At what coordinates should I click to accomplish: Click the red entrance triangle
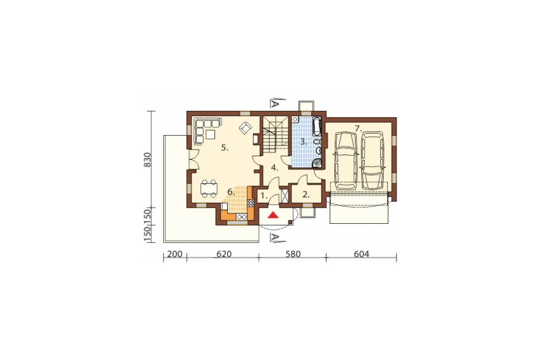[273, 215]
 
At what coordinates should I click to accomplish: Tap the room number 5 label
[225, 148]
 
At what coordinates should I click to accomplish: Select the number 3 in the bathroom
[304, 142]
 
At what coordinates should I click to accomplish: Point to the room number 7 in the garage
[358, 129]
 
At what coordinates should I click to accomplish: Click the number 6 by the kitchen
[230, 191]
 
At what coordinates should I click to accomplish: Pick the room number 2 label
[306, 195]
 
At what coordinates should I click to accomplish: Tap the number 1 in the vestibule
[263, 196]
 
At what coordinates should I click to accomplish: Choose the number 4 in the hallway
[274, 168]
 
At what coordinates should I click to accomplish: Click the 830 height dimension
[147, 159]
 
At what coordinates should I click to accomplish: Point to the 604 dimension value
[361, 254]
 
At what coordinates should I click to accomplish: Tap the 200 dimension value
[175, 254]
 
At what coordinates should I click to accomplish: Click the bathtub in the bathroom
[316, 126]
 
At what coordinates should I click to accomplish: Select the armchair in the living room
[245, 128]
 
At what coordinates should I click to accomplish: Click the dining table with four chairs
[209, 189]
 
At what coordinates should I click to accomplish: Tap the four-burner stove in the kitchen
[250, 203]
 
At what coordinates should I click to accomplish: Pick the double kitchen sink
[241, 217]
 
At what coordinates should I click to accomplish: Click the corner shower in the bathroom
[317, 163]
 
